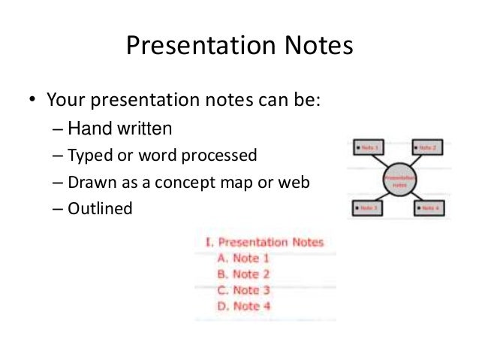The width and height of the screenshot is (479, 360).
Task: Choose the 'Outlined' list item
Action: (99, 209)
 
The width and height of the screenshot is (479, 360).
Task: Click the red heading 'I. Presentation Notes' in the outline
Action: (264, 242)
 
